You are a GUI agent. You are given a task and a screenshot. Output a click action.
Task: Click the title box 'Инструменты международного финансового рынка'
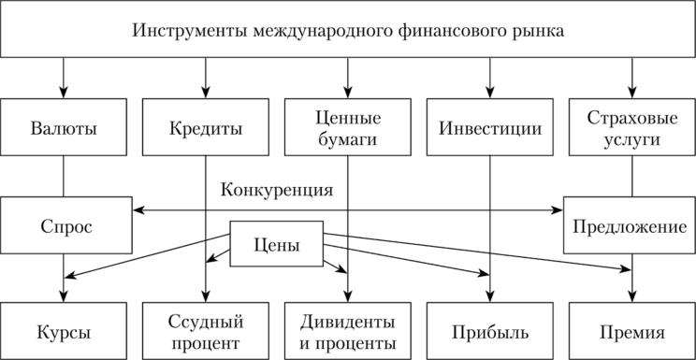coord(348,34)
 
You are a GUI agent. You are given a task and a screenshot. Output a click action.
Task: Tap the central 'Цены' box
coord(277,246)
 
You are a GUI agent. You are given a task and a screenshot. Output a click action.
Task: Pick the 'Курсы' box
coord(64,330)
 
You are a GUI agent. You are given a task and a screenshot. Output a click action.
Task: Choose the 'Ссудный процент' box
coord(206,330)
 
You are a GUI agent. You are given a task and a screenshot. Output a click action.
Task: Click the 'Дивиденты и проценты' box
coord(348,330)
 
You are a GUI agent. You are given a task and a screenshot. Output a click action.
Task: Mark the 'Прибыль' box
coord(490,330)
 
